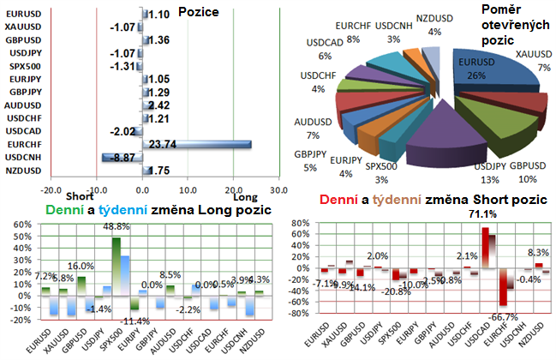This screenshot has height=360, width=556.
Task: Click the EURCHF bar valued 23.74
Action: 199,144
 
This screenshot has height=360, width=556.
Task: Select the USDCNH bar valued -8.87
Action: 123,157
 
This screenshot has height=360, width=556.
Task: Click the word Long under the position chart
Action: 244,196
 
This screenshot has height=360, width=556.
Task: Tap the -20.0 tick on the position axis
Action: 51,189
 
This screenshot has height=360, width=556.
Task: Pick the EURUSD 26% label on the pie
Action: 473,69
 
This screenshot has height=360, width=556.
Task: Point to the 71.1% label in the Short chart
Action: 486,213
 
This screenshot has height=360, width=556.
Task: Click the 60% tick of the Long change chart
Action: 19,226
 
